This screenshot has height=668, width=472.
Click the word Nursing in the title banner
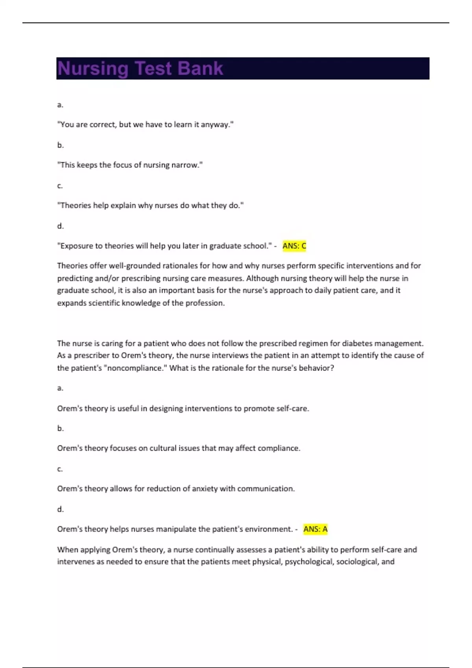(93, 69)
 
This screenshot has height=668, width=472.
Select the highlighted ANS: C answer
(294, 246)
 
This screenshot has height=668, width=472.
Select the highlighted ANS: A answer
(315, 529)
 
